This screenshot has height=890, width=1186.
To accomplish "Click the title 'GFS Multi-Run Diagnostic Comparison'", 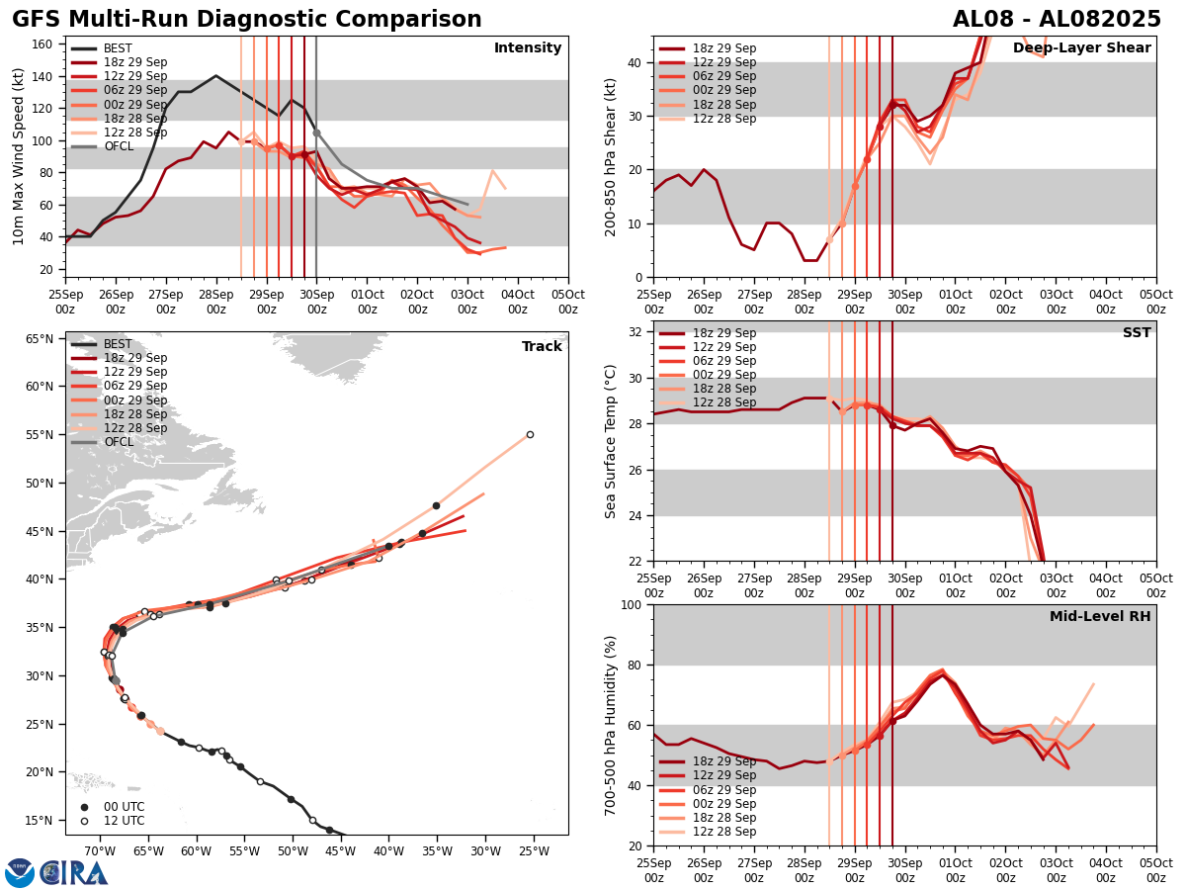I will (247, 20).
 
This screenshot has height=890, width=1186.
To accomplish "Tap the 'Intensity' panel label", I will (528, 48).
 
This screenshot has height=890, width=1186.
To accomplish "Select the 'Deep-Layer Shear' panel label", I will (1082, 48).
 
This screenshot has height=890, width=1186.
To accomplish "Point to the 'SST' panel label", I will (1137, 333).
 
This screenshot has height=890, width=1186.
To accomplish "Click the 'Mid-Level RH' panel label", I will (1100, 617).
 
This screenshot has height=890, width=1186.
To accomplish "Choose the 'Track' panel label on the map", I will (542, 347).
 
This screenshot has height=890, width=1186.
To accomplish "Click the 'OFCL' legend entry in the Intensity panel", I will (120, 146).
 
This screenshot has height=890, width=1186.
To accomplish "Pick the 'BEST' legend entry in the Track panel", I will (118, 344).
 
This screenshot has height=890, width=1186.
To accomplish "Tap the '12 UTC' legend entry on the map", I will (124, 821).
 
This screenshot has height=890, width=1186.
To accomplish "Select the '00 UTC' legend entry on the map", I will (124, 807).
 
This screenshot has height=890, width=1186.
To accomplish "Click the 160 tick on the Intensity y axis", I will (43, 44).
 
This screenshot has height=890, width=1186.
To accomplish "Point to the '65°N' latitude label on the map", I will (39, 339).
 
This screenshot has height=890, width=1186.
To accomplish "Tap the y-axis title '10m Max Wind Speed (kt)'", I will (18, 156).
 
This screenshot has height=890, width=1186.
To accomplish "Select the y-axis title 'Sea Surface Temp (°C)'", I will (611, 441).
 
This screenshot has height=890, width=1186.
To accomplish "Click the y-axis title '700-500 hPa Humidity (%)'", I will (611, 725).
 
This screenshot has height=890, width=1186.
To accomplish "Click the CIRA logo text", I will (75, 873).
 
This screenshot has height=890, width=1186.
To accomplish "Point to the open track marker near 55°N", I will (530, 434).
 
